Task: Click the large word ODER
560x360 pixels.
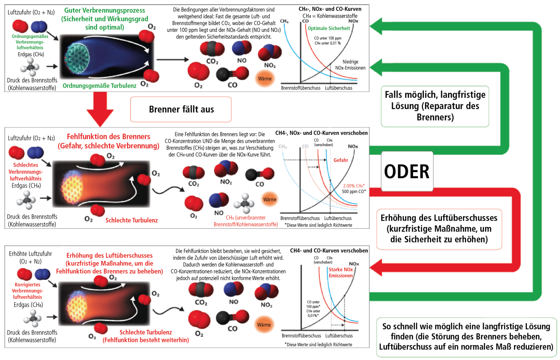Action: (406, 172)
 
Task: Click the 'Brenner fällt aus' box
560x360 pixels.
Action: (181, 109)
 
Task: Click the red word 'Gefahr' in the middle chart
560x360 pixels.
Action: (340, 160)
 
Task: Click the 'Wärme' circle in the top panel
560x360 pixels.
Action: (264, 79)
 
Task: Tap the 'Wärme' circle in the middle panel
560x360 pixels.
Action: (270, 200)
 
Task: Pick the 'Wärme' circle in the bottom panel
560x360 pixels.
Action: (264, 324)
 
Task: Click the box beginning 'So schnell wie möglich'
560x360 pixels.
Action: (467, 337)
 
